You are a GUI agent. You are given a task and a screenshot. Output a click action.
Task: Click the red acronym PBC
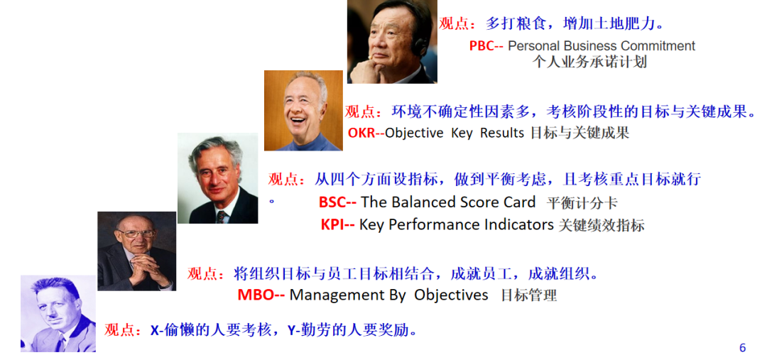[x=481, y=46]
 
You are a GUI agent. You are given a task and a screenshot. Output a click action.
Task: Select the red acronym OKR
[x=361, y=133]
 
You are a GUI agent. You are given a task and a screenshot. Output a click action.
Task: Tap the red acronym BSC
[x=332, y=202]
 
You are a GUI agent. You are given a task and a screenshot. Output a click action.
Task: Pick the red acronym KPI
[x=332, y=224]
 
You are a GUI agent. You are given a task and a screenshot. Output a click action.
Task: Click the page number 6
[x=743, y=348]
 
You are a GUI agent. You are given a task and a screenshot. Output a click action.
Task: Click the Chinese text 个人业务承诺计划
[x=589, y=62]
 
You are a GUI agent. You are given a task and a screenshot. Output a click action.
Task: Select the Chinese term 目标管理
[x=529, y=296]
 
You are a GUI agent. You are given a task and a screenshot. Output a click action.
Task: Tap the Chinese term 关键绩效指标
[x=602, y=225]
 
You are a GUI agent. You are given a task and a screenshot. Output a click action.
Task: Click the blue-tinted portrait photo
[x=58, y=314]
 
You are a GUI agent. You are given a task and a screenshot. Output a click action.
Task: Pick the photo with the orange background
[x=304, y=111]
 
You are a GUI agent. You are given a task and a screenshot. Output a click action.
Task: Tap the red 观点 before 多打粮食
[x=454, y=23]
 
